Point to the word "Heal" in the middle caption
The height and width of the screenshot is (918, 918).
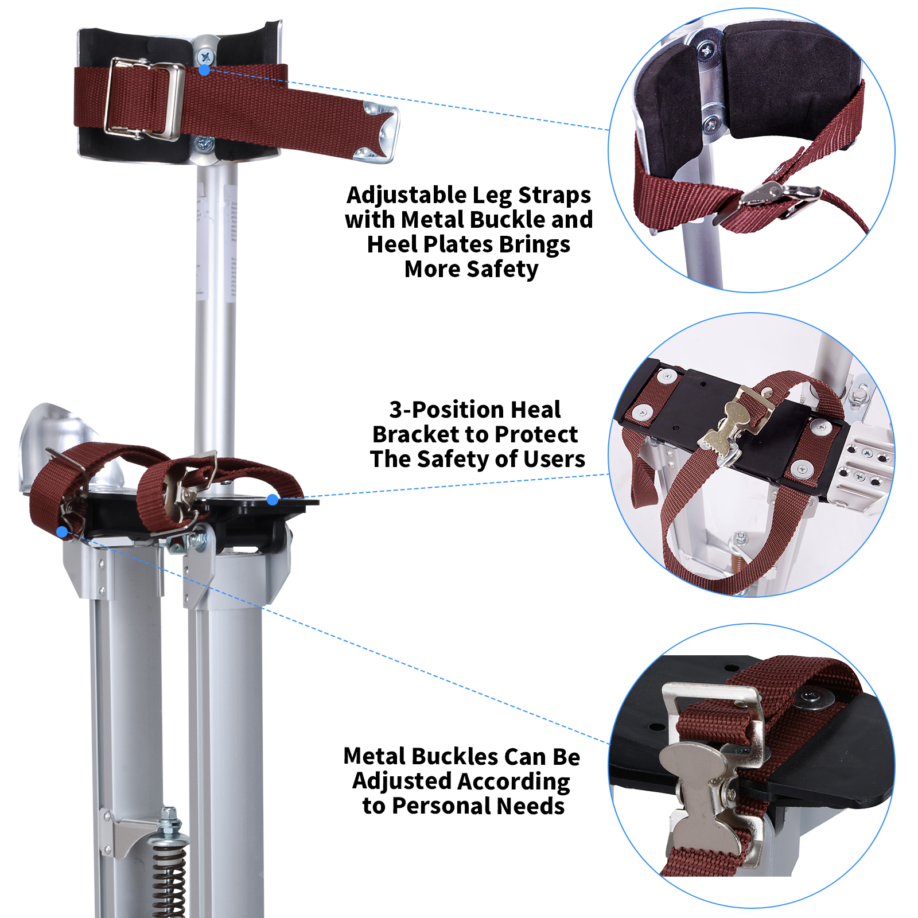pyautogui.click(x=535, y=410)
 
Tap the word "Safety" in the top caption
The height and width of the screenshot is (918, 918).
pyautogui.click(x=503, y=269)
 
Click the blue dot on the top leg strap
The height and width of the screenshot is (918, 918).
pyautogui.click(x=204, y=70)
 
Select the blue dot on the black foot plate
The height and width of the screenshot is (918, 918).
pyautogui.click(x=273, y=500)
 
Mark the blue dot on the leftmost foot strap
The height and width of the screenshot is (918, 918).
pyautogui.click(x=62, y=532)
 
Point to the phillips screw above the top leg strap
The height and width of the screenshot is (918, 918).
pyautogui.click(x=205, y=56)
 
